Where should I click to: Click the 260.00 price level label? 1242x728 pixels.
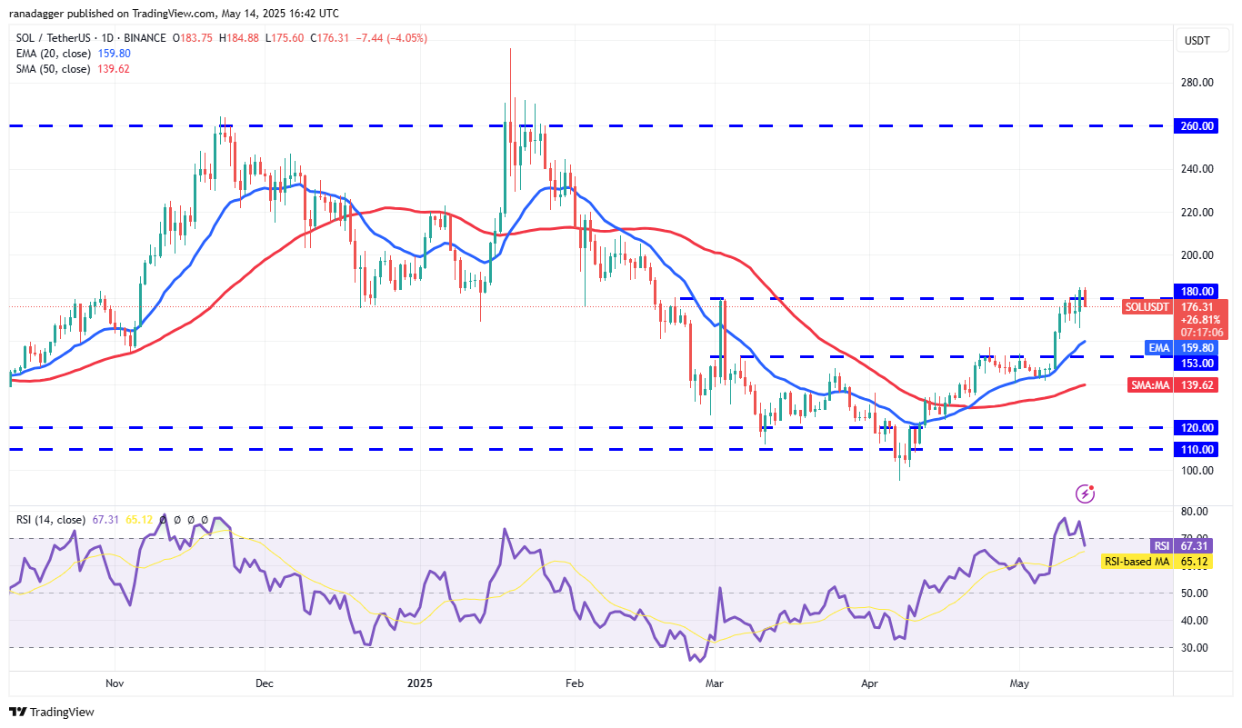(x=1198, y=126)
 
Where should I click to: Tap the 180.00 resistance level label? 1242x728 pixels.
(x=1198, y=291)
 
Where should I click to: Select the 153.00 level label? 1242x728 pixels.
(x=1198, y=363)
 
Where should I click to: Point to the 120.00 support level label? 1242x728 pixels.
(x=1198, y=427)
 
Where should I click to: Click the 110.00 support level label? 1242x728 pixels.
(x=1198, y=449)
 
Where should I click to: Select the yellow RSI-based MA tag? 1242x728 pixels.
(x=1136, y=562)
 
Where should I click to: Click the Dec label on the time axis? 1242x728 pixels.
(x=265, y=682)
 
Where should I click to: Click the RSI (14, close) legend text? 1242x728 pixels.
(x=50, y=520)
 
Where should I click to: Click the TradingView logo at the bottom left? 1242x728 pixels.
(x=52, y=713)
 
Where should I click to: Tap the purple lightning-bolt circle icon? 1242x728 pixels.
(x=1085, y=494)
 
